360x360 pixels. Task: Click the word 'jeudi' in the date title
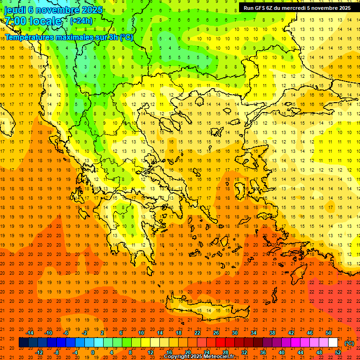click(14, 9)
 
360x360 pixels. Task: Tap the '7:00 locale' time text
click(33, 21)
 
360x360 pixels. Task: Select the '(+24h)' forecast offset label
click(81, 21)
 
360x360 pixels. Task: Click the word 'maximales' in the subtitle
click(75, 37)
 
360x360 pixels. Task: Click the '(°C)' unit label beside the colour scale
click(349, 343)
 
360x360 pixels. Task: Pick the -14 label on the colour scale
click(30, 333)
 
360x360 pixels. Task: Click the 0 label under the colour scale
click(93, 352)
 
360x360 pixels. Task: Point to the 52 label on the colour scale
click(337, 352)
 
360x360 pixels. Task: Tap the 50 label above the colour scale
click(329, 333)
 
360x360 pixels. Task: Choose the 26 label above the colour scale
click(216, 333)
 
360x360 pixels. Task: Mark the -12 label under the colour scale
click(39, 352)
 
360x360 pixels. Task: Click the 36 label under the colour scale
click(262, 352)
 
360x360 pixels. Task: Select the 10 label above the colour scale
click(141, 333)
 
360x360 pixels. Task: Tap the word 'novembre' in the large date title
click(61, 9)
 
